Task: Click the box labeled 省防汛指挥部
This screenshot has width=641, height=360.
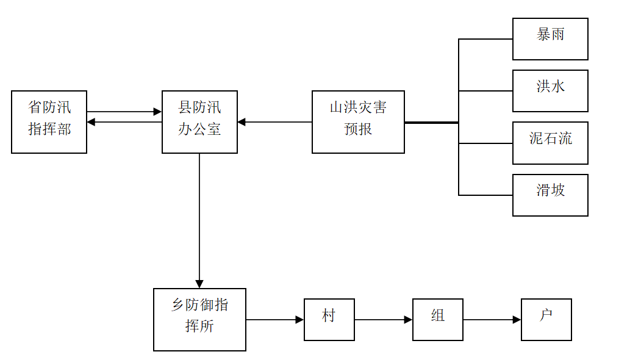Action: (49, 122)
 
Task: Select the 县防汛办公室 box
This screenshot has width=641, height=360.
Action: (199, 122)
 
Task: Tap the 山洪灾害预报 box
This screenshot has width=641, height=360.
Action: (358, 122)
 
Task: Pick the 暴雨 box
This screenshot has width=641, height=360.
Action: (550, 39)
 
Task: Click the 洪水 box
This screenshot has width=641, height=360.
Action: (550, 91)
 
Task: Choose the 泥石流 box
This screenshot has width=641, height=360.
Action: (550, 143)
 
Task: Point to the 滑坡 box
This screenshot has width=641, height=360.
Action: (550, 195)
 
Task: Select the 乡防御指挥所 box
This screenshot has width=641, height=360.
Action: (199, 320)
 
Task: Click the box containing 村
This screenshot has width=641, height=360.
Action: (329, 320)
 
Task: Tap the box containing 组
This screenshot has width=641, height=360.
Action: (438, 320)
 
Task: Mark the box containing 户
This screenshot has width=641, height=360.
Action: (546, 320)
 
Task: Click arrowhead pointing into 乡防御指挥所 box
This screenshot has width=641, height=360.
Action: (199, 284)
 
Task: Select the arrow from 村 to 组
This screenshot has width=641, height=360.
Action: (383, 320)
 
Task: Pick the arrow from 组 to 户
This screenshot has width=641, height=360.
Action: (492, 320)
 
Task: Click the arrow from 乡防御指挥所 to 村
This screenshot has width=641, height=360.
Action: (274, 320)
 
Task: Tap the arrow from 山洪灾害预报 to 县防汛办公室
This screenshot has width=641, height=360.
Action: (274, 122)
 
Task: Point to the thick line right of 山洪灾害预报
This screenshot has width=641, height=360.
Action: (431, 123)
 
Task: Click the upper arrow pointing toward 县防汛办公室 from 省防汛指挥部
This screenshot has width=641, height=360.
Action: (124, 112)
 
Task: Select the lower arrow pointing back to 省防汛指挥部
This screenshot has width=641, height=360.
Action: (124, 122)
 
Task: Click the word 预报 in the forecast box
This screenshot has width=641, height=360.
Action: (358, 129)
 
